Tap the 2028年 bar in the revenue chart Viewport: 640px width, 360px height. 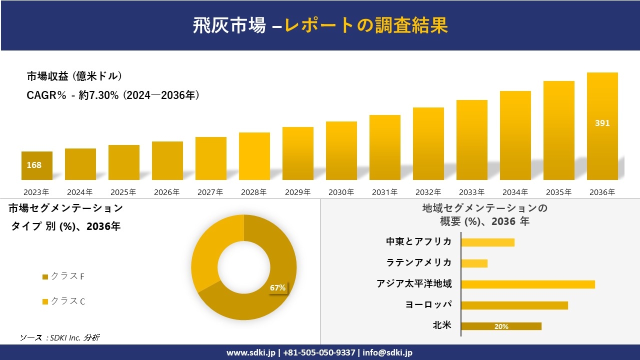pyautogui.click(x=254, y=156)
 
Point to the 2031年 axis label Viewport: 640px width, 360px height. pyautogui.click(x=384, y=192)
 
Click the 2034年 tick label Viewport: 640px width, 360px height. pyautogui.click(x=515, y=192)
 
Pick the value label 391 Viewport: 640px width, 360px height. pyautogui.click(x=602, y=123)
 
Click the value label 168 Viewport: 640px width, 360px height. pyautogui.click(x=34, y=165)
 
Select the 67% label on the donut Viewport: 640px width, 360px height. pyautogui.click(x=277, y=288)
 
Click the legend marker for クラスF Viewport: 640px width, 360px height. pyautogui.click(x=45, y=277)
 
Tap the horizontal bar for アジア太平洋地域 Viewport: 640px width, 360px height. pyautogui.click(x=528, y=284)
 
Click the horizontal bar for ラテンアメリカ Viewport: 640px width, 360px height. pyautogui.click(x=474, y=263)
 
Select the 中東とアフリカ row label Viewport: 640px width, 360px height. pyautogui.click(x=418, y=242)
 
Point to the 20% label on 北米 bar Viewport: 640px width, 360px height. pyautogui.click(x=501, y=326)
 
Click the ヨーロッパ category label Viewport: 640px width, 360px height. pyautogui.click(x=428, y=305)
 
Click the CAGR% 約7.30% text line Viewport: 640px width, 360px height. pyautogui.click(x=113, y=95)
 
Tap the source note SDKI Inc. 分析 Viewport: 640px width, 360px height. pyautogui.click(x=60, y=337)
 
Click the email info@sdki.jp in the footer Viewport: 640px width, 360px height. pyautogui.click(x=388, y=352)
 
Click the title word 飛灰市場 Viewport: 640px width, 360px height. pyautogui.click(x=229, y=25)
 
